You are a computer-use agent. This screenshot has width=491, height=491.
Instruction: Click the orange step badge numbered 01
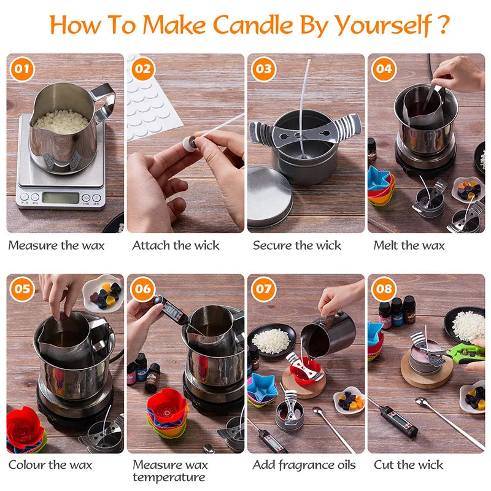[21, 69]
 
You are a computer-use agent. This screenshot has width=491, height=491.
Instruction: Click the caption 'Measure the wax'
[56, 245]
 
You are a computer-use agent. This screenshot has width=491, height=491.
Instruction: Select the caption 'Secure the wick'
[297, 245]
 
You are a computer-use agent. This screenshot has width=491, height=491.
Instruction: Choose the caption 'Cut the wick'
[409, 465]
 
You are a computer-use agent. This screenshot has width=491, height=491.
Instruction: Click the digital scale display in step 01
[60, 198]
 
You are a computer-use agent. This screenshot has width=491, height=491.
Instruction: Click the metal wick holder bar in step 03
[305, 129]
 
